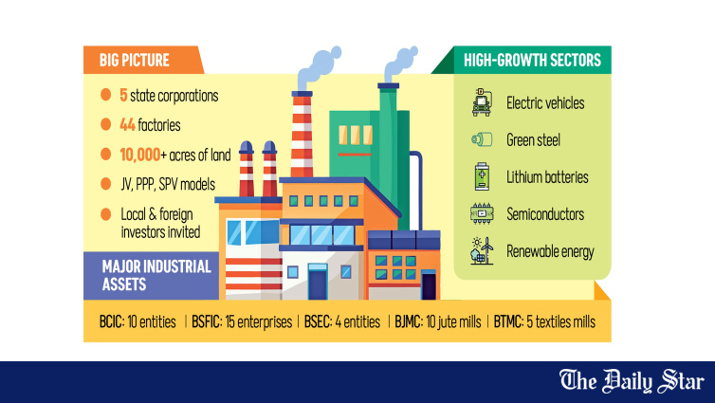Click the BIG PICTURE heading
pos(134,60)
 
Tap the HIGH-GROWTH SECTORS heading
pos(532,60)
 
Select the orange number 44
pos(127,124)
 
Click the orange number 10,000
pos(140,155)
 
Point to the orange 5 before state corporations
pos(123,95)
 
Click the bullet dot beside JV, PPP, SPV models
pos(106,184)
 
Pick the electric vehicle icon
pos(482,102)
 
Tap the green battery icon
pos(482,176)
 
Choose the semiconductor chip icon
pos(482,213)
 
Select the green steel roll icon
pos(482,139)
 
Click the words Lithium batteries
pos(547,177)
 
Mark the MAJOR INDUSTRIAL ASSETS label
pos(156,275)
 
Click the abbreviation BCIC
pos(110,321)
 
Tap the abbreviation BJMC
pos(408,321)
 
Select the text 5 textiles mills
pos(560,321)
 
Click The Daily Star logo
pos(632,381)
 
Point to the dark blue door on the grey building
pos(318,283)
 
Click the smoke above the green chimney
pos(401,64)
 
